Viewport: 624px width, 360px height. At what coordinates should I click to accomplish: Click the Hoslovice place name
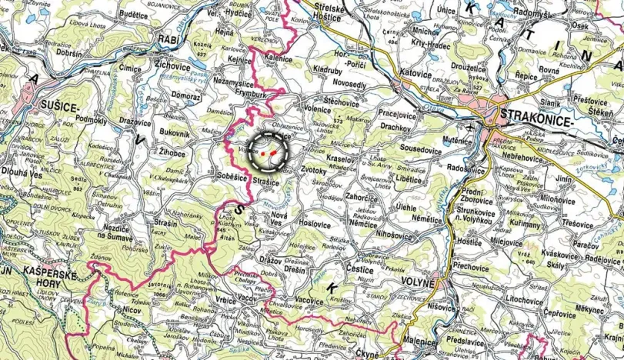tap(315, 224)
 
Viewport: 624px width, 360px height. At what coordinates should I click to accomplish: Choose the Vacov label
tap(247, 296)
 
